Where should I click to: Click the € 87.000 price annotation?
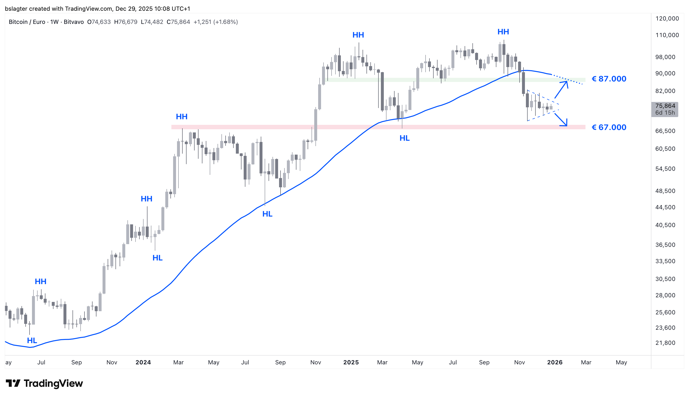pos(609,79)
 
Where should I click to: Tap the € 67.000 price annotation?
pos(609,127)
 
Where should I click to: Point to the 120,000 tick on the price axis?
pos(667,19)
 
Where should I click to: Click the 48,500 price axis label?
pos(665,191)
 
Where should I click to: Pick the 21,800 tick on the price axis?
pos(665,343)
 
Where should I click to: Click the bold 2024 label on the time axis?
pos(143,362)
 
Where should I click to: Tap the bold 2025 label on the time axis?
pos(351,362)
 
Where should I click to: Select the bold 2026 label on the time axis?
pos(554,362)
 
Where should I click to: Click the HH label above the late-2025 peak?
pos(503,32)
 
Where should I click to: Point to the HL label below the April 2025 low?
pos(404,138)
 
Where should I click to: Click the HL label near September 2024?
pos(267,214)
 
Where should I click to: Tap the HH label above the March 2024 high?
pos(182,117)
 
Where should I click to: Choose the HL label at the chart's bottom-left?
pos(32,341)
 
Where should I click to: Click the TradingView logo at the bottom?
pos(44,384)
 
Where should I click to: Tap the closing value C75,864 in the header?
pos(178,22)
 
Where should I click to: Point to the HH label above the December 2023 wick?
pos(146,199)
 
